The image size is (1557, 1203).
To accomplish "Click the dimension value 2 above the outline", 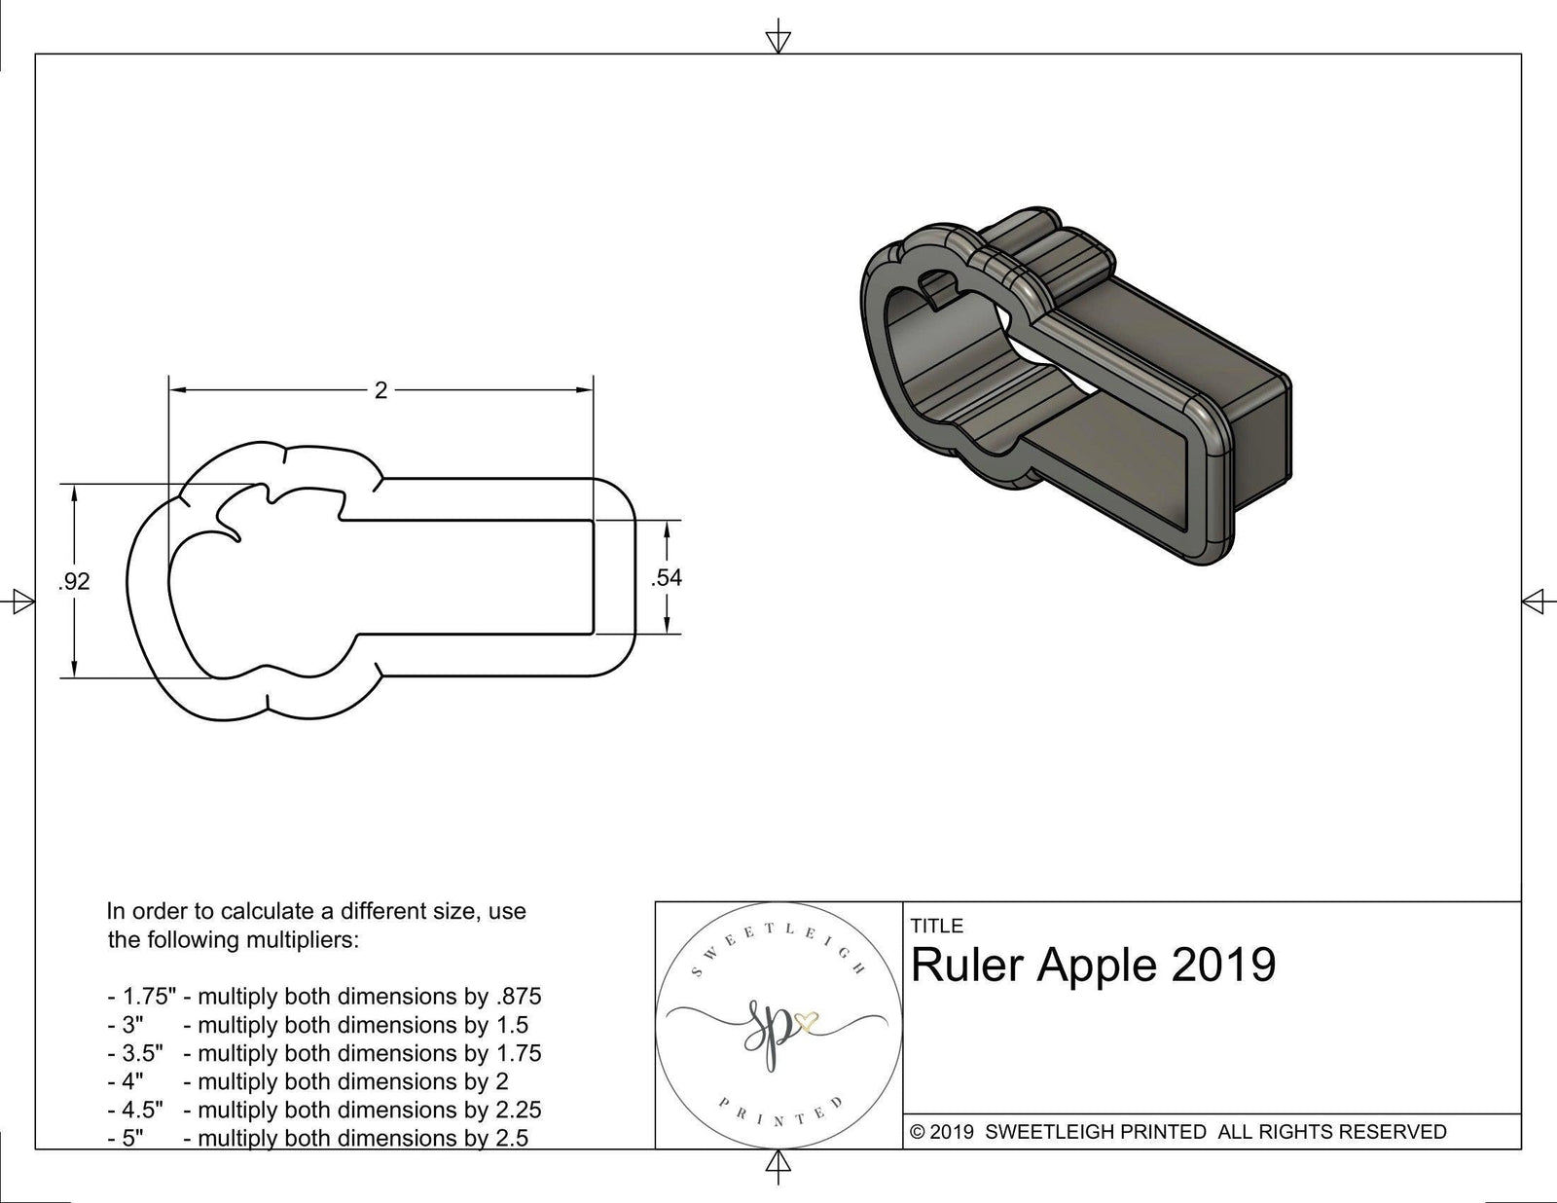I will click(380, 390).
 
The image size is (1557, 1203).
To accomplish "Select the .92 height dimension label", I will click(74, 581).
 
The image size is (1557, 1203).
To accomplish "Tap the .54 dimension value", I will click(667, 577).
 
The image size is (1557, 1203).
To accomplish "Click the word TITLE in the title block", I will click(937, 926).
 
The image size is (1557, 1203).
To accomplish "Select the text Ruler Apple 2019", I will click(1093, 965).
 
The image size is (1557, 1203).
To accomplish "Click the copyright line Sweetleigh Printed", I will click(1177, 1131).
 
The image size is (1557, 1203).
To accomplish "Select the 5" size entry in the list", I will click(127, 1138).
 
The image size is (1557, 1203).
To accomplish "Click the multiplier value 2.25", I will click(516, 1110).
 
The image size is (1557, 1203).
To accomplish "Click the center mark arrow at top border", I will click(778, 40).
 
